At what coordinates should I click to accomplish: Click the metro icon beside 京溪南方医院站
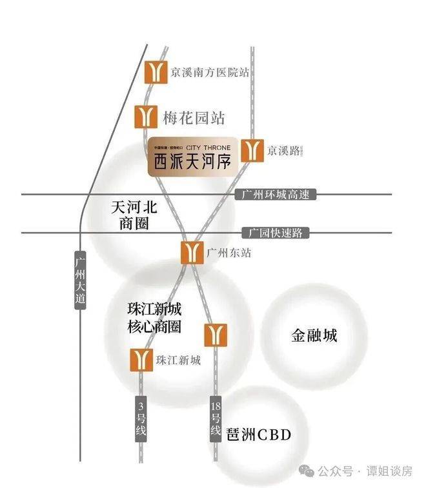click(x=156, y=72)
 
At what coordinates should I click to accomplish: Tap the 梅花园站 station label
click(x=194, y=118)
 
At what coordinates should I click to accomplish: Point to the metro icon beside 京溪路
click(x=252, y=151)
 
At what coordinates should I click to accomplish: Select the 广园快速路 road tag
click(x=276, y=232)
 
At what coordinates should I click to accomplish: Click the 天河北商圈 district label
click(x=134, y=215)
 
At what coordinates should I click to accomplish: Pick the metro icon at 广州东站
click(x=192, y=252)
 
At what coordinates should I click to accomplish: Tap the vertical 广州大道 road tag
click(x=80, y=280)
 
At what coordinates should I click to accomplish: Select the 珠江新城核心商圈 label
click(x=154, y=317)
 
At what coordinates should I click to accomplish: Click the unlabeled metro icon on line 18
click(x=216, y=335)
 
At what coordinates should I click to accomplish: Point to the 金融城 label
click(x=314, y=336)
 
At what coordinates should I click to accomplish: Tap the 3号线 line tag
click(x=141, y=420)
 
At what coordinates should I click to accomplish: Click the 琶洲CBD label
click(x=259, y=435)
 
